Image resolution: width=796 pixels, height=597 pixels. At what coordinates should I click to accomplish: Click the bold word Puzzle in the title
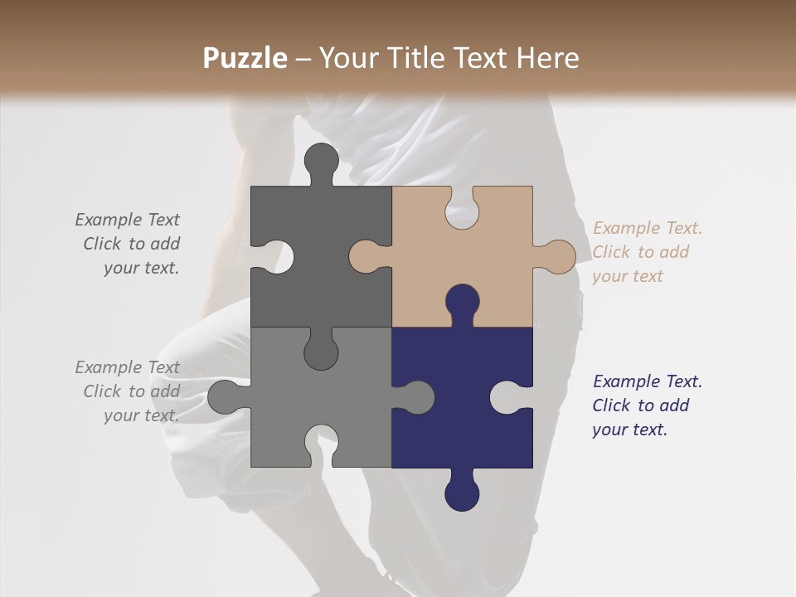(x=245, y=58)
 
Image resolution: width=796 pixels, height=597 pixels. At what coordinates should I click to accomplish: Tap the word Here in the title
(x=547, y=58)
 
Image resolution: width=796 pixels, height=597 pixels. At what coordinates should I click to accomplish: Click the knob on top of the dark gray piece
(x=322, y=162)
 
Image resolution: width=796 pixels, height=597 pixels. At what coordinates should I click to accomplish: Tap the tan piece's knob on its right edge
(x=557, y=256)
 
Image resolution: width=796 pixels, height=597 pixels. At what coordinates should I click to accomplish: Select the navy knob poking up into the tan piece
(x=462, y=303)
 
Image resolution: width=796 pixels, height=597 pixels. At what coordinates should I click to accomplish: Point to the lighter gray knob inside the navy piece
(x=416, y=397)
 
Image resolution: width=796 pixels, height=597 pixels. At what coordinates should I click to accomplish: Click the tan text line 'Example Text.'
(x=647, y=228)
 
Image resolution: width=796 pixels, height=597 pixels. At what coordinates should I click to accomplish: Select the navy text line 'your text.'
(x=629, y=430)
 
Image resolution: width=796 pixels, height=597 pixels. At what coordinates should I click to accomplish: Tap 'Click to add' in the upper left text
(x=131, y=244)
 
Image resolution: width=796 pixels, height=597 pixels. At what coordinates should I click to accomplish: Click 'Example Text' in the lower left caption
(x=127, y=367)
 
